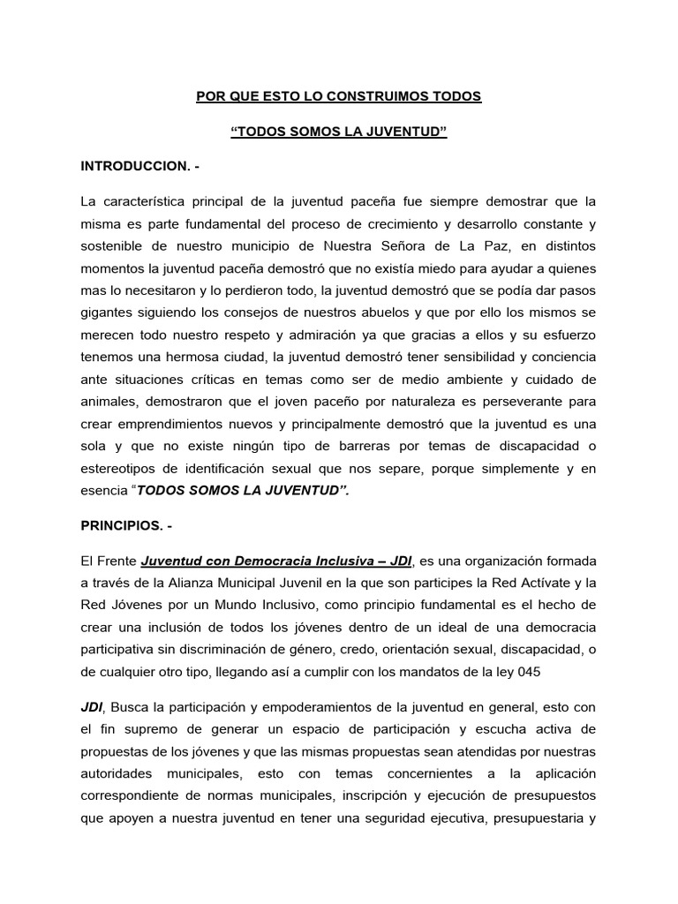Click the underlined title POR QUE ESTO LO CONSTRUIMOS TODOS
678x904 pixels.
[339, 96]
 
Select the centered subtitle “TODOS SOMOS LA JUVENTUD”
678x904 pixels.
[339, 132]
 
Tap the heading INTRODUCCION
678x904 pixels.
[140, 166]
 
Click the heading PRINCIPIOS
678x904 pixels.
[126, 526]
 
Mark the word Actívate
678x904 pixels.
[540, 582]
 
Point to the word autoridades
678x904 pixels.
[120, 770]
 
